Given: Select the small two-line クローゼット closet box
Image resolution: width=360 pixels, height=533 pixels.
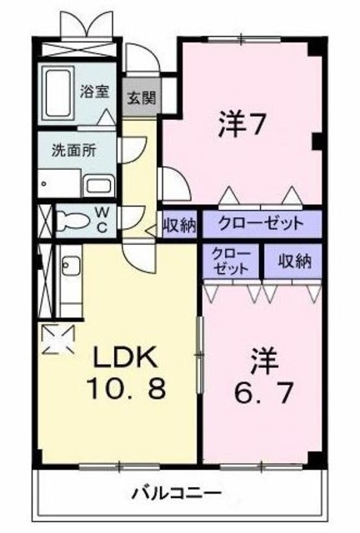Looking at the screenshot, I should pos(230,261).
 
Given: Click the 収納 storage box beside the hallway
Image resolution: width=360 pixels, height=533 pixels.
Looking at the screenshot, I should pos(178,223).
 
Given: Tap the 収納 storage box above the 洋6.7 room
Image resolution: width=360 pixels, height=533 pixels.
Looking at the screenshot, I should pos(293,261).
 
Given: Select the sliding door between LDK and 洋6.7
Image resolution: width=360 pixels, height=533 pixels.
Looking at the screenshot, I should pos(199,350).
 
